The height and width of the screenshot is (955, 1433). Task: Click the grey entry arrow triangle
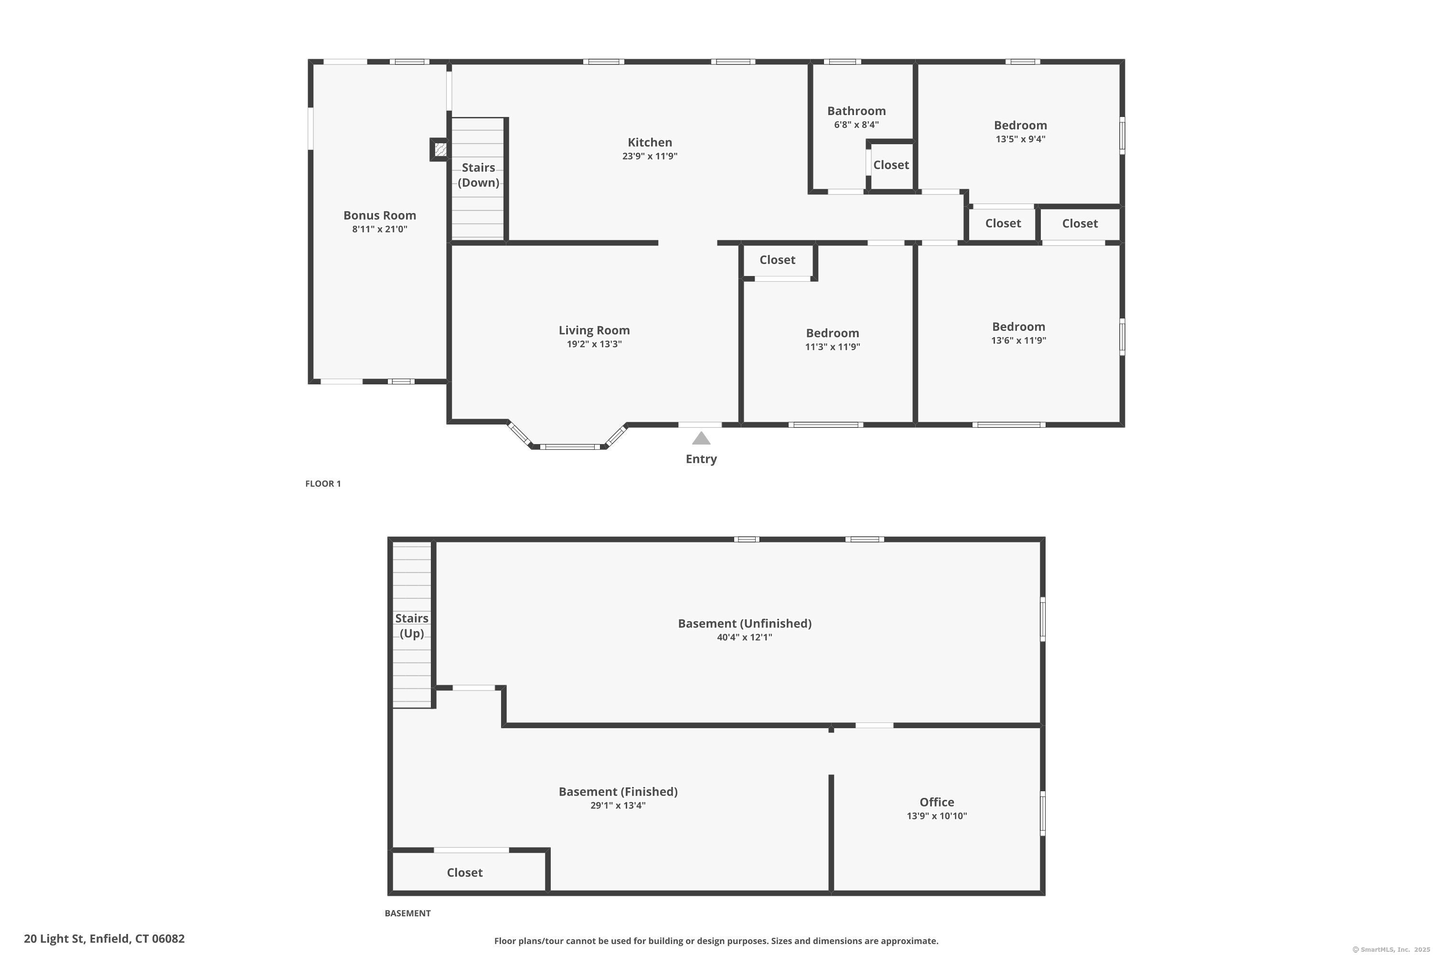pyautogui.click(x=701, y=438)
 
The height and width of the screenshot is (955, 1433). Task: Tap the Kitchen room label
pyautogui.click(x=650, y=142)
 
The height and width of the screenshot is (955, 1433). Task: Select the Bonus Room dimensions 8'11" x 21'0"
pyautogui.click(x=380, y=229)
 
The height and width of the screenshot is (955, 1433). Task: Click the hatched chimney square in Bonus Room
pyautogui.click(x=440, y=149)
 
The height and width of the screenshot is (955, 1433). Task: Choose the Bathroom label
pyautogui.click(x=856, y=111)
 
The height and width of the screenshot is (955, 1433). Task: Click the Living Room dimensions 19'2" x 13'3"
pyautogui.click(x=594, y=344)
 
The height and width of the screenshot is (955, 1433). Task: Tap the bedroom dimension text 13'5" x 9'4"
pyautogui.click(x=1020, y=139)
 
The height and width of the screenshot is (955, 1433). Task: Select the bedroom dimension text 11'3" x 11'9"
pyautogui.click(x=832, y=347)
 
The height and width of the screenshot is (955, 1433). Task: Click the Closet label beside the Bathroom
pyautogui.click(x=891, y=165)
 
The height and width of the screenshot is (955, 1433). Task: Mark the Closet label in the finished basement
pyautogui.click(x=464, y=873)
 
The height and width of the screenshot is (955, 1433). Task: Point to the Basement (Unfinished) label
pyautogui.click(x=745, y=624)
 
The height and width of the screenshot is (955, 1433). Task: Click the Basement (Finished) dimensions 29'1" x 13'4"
pyautogui.click(x=618, y=805)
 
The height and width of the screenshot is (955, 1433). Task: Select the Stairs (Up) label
pyautogui.click(x=412, y=626)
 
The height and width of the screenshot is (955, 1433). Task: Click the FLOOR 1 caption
pyautogui.click(x=323, y=484)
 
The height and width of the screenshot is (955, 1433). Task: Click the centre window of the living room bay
pyautogui.click(x=570, y=447)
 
